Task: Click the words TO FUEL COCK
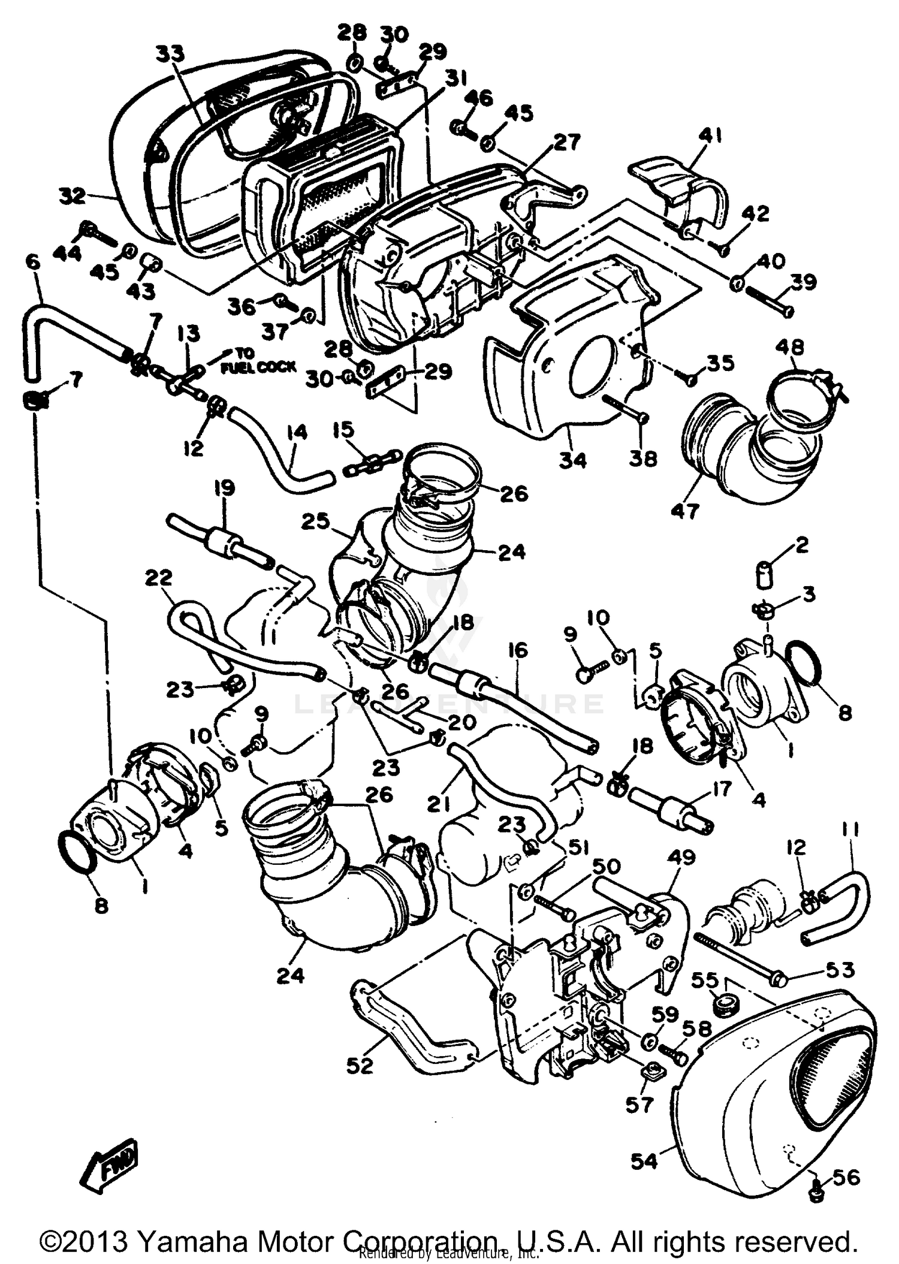tap(258, 360)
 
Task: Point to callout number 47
tap(684, 511)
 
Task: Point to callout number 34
tap(573, 460)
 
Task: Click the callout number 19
tap(224, 488)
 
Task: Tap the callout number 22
tap(158, 578)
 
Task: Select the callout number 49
tap(680, 858)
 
